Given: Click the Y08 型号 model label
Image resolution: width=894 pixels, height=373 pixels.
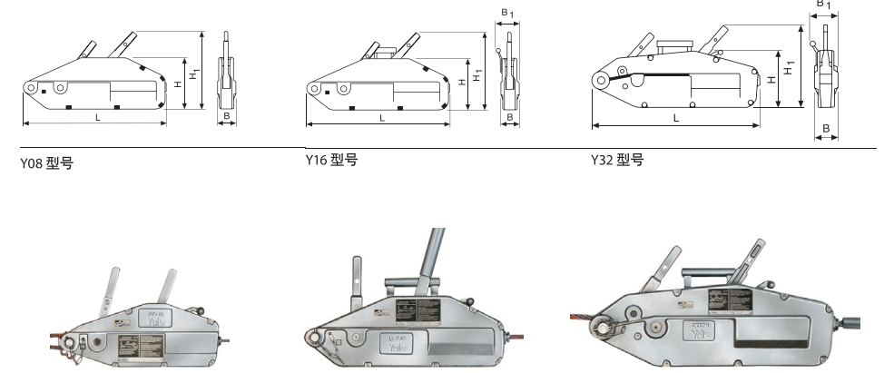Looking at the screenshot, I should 46,164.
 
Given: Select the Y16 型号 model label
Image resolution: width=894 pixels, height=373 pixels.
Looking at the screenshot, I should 331,161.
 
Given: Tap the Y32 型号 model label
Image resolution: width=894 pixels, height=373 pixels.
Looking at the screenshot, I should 617,161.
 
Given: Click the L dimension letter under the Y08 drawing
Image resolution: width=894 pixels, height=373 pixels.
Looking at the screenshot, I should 96,116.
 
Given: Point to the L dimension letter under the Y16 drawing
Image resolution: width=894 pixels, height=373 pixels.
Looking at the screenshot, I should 381,117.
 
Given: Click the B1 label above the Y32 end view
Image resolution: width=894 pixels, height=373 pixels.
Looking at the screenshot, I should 822,5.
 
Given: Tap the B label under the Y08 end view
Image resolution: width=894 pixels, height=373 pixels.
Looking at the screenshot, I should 226,117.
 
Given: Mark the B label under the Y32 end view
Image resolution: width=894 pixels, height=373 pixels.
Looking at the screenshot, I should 826,128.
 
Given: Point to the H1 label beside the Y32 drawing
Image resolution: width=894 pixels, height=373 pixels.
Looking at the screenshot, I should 790,66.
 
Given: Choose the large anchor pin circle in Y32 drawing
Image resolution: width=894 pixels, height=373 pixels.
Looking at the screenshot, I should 602,81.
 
